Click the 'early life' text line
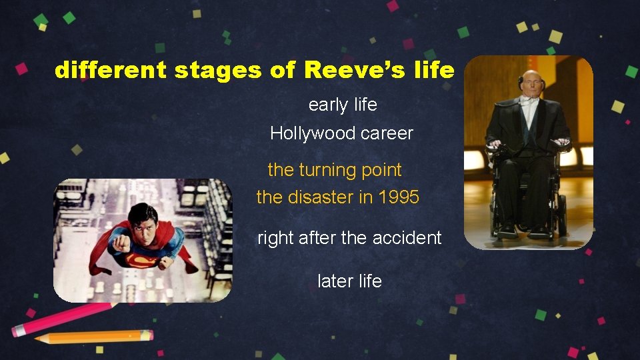pyautogui.click(x=343, y=105)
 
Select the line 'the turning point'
pyautogui.click(x=335, y=170)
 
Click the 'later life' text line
pyautogui.click(x=349, y=281)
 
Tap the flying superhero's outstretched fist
pyautogui.click(x=121, y=244)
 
